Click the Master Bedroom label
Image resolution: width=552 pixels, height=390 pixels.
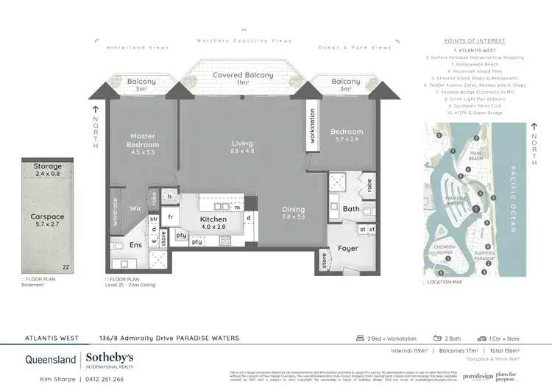144,140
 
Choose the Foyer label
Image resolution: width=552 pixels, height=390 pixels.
348,248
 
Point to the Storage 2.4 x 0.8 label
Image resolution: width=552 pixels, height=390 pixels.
48,171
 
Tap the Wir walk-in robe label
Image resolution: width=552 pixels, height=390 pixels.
136,208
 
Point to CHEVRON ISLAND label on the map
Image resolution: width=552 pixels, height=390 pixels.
445,252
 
